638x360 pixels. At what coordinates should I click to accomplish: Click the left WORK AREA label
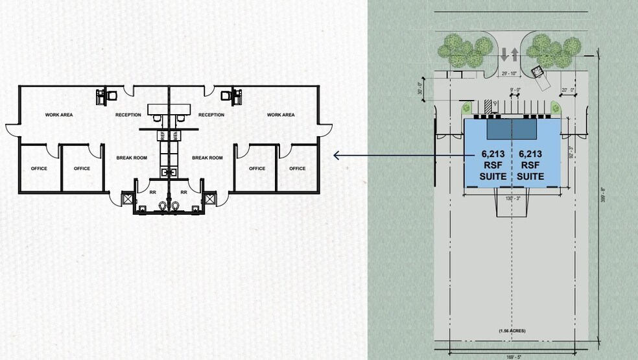(x=58, y=115)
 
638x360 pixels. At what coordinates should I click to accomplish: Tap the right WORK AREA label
(x=281, y=115)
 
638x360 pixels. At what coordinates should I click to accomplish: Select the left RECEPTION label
(x=128, y=115)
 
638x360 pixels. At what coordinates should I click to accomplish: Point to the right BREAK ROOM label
(x=207, y=158)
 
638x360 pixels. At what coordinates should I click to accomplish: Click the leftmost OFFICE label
(x=39, y=169)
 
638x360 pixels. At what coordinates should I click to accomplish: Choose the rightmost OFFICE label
(x=297, y=169)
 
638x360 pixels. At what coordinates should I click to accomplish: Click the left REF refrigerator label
(x=163, y=136)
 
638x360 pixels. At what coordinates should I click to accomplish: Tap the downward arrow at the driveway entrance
(x=504, y=55)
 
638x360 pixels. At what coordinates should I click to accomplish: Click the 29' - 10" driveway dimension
(x=509, y=73)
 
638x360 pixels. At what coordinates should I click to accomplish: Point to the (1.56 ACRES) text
(x=512, y=331)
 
